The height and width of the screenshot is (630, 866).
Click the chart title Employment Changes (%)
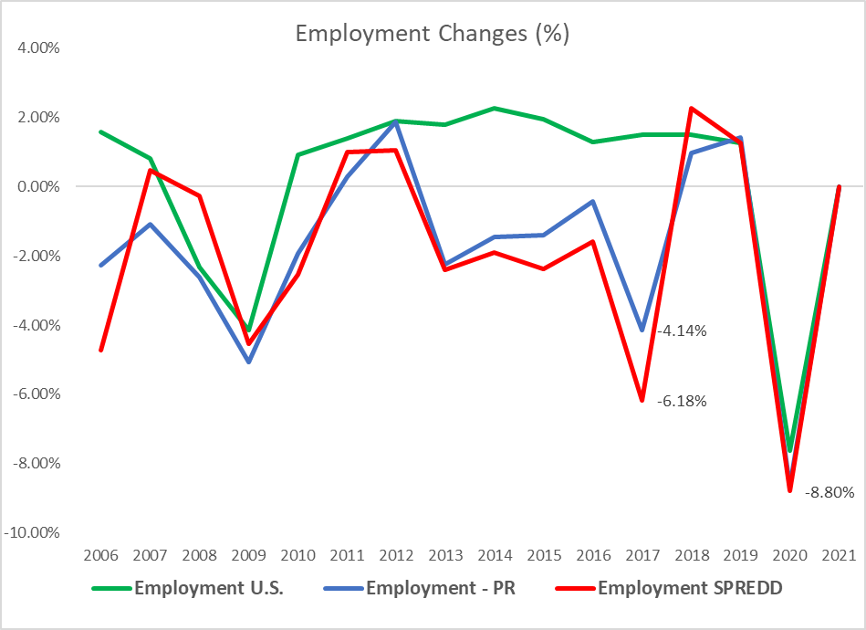coord(433,34)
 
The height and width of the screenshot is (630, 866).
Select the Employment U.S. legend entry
coord(208,587)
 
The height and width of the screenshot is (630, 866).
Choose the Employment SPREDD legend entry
coord(690,587)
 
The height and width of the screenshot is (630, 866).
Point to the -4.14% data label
coord(682,331)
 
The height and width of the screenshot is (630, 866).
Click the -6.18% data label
coord(682,401)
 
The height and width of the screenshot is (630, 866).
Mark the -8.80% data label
coord(829,492)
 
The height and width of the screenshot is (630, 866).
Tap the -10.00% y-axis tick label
coord(33,532)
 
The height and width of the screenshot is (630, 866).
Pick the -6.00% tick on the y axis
coord(35,394)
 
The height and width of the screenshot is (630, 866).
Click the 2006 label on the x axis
coord(100,555)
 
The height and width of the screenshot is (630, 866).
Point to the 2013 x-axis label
coord(445,555)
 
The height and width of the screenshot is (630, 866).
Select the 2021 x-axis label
coord(839,555)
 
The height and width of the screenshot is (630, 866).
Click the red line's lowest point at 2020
coord(789,490)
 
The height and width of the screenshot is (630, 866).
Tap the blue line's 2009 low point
coord(248,362)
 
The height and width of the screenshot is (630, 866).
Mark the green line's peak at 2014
coord(495,108)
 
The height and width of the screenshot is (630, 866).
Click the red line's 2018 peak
coord(692,108)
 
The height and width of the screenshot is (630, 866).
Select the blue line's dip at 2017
coord(642,330)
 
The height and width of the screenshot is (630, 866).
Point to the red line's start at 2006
coord(100,350)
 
